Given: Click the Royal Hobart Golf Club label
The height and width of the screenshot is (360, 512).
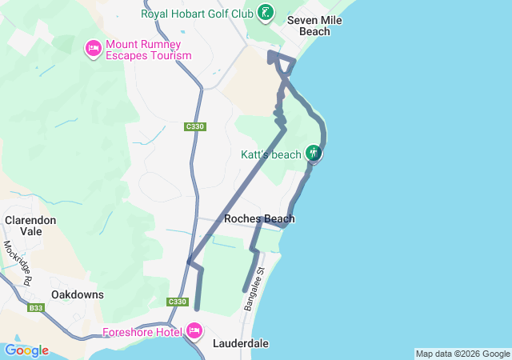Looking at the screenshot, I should (x=198, y=14).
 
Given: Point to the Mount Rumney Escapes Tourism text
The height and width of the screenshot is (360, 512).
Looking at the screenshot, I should (x=149, y=50).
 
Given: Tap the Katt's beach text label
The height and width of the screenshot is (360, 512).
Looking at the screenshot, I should (x=271, y=154).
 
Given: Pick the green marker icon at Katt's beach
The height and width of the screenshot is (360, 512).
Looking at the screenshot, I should (x=314, y=153).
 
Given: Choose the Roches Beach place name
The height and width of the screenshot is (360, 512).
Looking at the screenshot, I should (x=259, y=219).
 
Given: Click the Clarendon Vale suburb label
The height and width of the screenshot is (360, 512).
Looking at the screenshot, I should (x=30, y=226).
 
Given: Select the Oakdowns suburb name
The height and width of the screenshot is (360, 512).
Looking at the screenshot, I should (x=78, y=294).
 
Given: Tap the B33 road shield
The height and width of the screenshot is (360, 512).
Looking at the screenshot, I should (x=36, y=308).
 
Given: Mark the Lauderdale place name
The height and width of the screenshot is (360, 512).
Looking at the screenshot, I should (x=241, y=344).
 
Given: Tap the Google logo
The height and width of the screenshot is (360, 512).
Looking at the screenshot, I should (x=26, y=350).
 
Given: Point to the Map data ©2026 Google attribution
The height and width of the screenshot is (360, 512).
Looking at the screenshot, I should (x=462, y=354).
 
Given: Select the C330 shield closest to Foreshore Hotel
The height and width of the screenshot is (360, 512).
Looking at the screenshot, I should (x=178, y=302).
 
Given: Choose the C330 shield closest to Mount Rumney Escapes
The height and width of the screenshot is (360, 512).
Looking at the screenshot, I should (x=194, y=126).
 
